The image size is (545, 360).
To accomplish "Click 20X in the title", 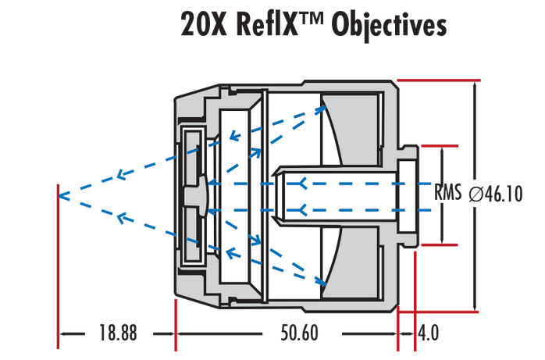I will pyautogui.click(x=205, y=24).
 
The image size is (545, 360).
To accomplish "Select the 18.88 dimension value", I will pyautogui.click(x=118, y=333).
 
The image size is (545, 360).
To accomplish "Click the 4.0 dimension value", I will pyautogui.click(x=428, y=333).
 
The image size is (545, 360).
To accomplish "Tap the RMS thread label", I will pyautogui.click(x=448, y=193).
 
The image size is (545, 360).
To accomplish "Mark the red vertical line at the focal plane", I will pyautogui.click(x=59, y=266).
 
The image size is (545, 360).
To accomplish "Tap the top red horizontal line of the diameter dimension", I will pyautogui.click(x=437, y=80).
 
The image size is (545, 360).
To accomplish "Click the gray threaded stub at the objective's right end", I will pyautogui.click(x=407, y=194).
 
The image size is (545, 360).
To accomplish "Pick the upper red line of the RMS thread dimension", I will pyautogui.click(x=438, y=145).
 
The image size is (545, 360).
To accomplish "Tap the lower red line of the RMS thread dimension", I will pyautogui.click(x=438, y=244).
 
